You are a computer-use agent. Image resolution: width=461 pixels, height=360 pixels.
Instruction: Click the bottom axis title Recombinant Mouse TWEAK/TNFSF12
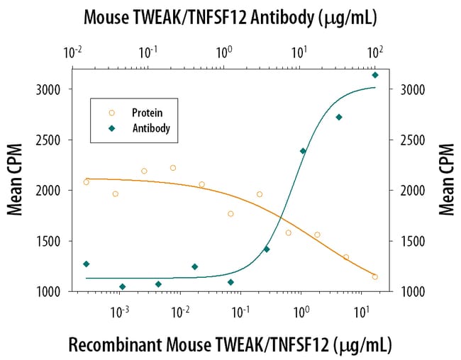pos(230,345)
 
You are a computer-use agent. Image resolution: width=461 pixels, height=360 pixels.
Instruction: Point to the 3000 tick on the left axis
pos(52,90)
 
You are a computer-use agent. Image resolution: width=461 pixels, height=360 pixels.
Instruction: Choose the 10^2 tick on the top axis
pos(375,52)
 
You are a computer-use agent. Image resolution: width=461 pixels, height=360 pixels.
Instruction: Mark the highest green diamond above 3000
pos(375,74)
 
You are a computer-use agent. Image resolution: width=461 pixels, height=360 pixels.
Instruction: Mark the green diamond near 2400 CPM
pos(303,151)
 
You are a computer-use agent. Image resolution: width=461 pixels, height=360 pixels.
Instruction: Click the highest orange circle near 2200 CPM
pos(173,168)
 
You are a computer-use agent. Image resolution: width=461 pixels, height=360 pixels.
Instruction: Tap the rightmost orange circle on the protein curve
pos(375,277)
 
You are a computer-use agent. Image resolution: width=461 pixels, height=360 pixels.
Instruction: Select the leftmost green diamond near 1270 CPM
pos(86,264)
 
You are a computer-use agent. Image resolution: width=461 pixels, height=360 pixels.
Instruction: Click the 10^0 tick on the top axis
pos(224,52)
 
